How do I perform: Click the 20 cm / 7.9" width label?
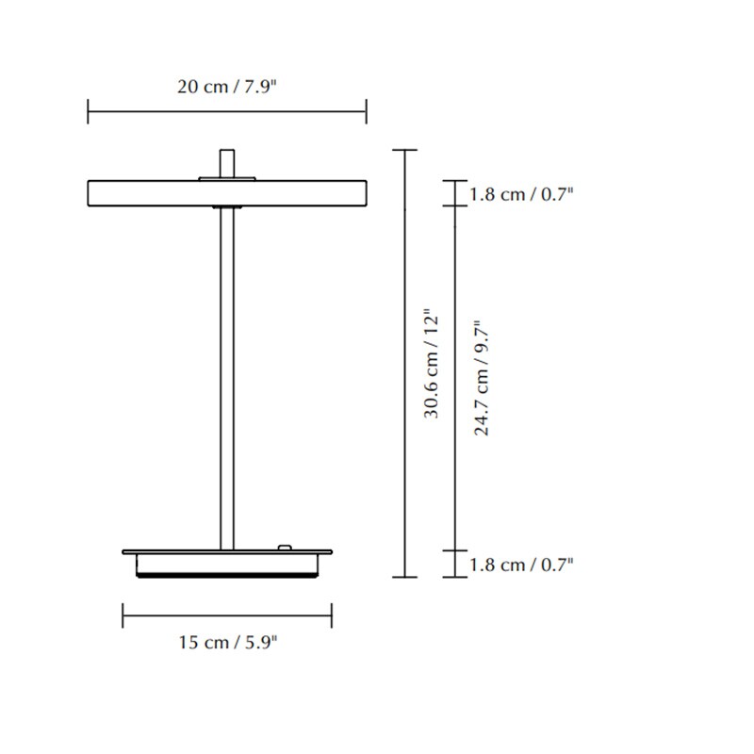click(226, 87)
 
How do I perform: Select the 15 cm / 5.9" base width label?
click(226, 643)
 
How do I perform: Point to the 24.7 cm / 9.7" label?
click(482, 377)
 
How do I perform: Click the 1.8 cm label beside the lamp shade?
click(521, 194)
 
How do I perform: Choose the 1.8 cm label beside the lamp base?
click(521, 565)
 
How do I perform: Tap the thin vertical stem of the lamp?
click(226, 377)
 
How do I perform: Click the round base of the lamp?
click(226, 563)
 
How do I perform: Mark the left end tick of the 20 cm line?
click(88, 112)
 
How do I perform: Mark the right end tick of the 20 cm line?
click(366, 112)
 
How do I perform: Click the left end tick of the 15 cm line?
click(123, 616)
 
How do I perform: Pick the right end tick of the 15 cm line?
click(331, 616)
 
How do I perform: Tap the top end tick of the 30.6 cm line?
click(404, 150)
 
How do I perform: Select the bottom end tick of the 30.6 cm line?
click(404, 576)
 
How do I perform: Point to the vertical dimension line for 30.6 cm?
click(404, 283)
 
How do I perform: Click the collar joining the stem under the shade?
click(226, 205)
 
